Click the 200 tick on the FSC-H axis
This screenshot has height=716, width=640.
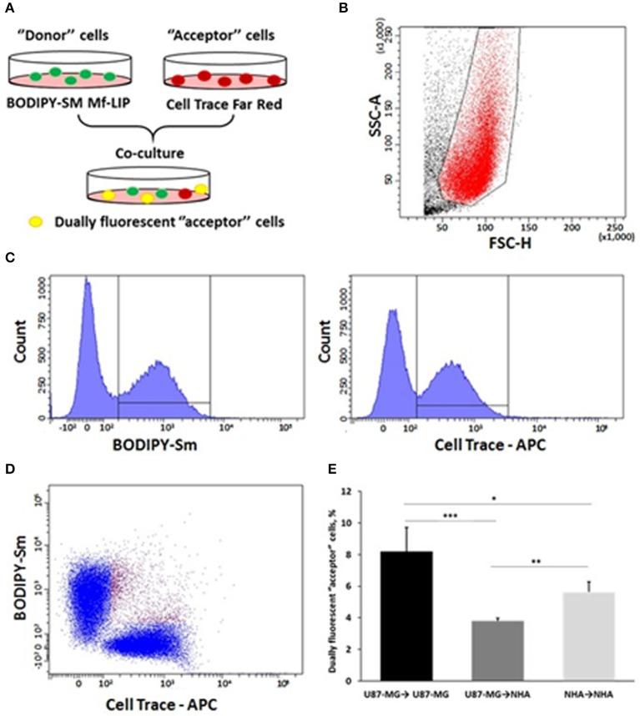pyautogui.click(x=572, y=226)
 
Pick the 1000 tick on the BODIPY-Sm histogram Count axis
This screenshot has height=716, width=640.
pyautogui.click(x=36, y=284)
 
